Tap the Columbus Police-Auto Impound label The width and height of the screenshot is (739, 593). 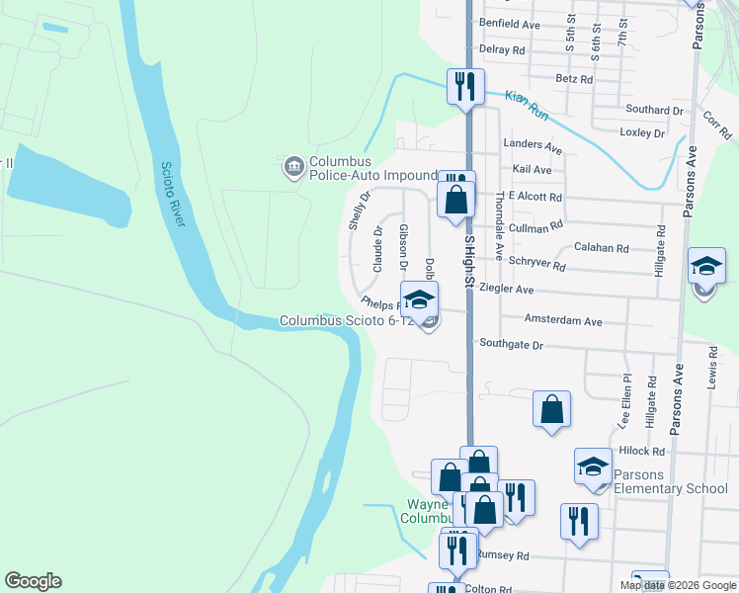(x=372, y=168)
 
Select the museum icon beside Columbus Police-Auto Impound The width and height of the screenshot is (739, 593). (x=293, y=167)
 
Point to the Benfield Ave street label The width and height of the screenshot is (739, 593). (x=510, y=23)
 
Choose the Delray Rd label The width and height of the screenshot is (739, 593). (x=501, y=49)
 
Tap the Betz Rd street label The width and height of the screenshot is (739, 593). (x=574, y=79)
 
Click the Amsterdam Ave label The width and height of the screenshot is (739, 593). (x=563, y=322)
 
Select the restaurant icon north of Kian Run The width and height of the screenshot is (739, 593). (x=463, y=85)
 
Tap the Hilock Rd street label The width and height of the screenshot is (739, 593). (x=641, y=451)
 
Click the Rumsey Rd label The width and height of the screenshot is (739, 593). (x=503, y=555)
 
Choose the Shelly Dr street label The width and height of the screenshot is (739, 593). (x=358, y=212)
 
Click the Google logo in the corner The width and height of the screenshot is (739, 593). (x=33, y=581)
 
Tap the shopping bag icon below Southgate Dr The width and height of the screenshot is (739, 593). (x=551, y=408)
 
